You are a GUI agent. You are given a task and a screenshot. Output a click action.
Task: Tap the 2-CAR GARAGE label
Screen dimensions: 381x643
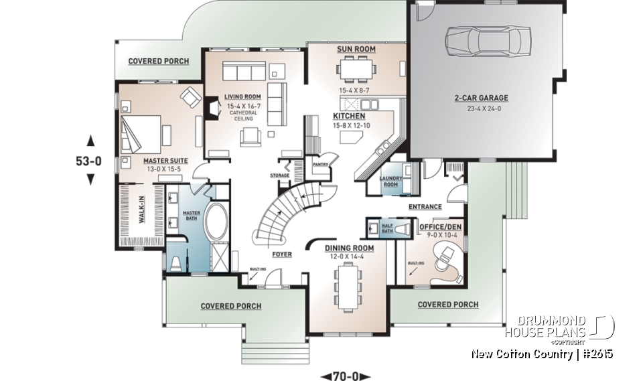[480, 98]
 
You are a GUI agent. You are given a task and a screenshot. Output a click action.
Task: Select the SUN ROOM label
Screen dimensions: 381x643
[356, 50]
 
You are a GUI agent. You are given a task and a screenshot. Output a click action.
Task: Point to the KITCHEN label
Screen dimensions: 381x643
[349, 116]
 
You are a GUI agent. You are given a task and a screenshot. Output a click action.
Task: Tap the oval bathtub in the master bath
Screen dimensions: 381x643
[216, 223]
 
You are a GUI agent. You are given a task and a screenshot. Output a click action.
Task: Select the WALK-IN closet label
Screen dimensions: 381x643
[142, 209]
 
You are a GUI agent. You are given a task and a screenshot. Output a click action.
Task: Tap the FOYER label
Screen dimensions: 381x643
[281, 254]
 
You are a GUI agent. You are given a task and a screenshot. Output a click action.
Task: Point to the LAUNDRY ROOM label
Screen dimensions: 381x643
[390, 181]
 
